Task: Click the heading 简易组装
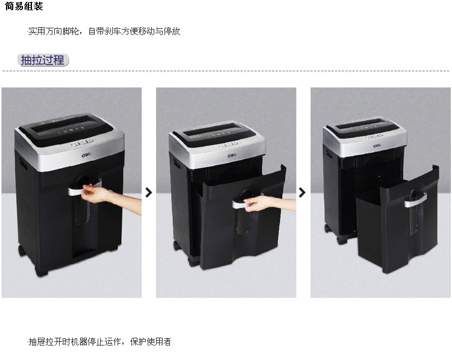point(24,7)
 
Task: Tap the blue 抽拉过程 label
point(43,60)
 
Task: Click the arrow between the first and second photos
point(149,192)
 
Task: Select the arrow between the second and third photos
point(302,192)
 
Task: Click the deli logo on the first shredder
point(86,155)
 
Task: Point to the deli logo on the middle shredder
point(232,156)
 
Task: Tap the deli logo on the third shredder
point(377,145)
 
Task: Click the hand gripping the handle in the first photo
point(95,194)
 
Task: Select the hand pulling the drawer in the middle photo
point(257,203)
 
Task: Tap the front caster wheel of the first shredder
point(40,271)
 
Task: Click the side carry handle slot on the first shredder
point(23,163)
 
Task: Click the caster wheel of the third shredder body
point(342,239)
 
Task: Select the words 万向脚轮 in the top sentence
point(62,31)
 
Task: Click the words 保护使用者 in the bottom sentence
point(151,342)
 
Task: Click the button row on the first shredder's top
point(83,142)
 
